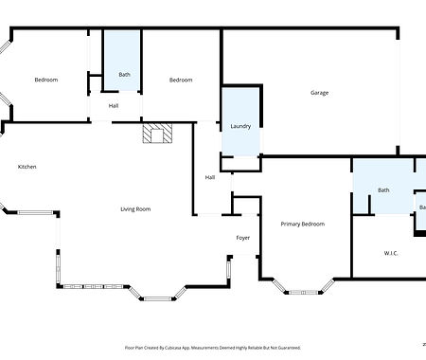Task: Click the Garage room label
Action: tap(320, 93)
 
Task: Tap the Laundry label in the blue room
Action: tap(240, 126)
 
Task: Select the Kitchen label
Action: tap(27, 168)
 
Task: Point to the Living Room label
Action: tap(135, 209)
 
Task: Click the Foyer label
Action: tap(243, 237)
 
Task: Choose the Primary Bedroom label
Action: tap(303, 225)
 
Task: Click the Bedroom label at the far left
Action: tap(46, 80)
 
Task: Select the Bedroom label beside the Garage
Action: tap(181, 80)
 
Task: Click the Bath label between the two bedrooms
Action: tap(124, 74)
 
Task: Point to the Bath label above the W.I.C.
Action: tap(383, 190)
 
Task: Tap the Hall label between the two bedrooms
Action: tap(114, 105)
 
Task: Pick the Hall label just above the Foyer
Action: tap(210, 177)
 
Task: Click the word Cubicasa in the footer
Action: tap(186, 348)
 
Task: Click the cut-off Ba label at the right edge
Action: tap(422, 207)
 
